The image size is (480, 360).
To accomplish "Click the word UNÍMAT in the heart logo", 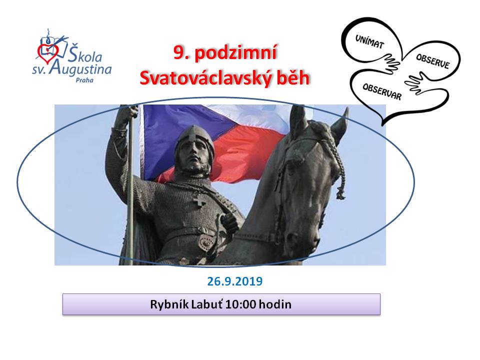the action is click(x=369, y=41).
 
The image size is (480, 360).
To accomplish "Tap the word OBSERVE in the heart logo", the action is click(x=432, y=61).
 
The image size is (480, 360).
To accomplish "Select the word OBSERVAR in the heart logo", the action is click(x=381, y=91).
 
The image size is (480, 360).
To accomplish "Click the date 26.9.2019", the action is click(x=235, y=281).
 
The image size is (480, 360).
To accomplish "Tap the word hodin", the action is click(x=275, y=304).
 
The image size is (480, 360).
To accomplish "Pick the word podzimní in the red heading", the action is click(x=235, y=52).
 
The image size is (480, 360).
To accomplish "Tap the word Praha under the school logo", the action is click(x=84, y=80).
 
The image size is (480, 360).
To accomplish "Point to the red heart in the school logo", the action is click(x=46, y=51).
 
